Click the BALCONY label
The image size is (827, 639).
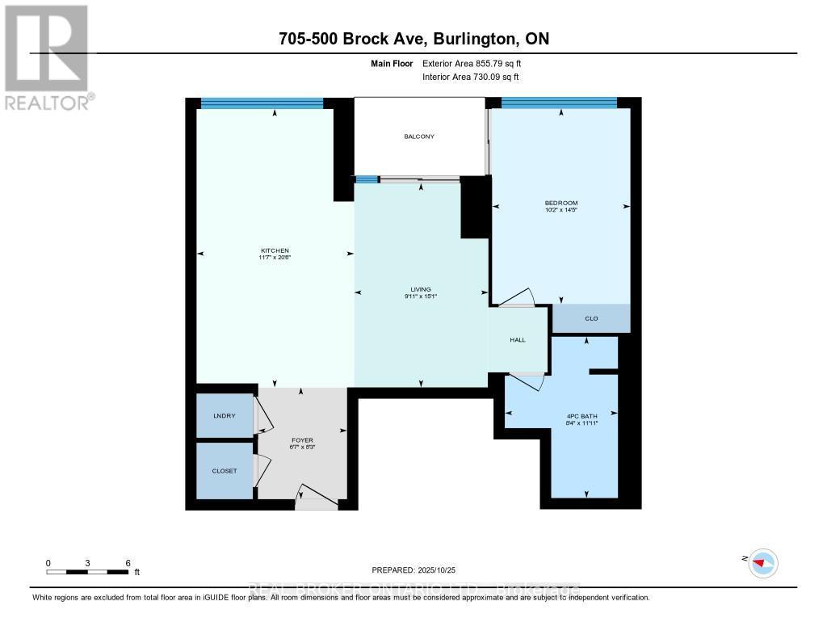[x=419, y=137]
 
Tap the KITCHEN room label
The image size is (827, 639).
[x=275, y=250]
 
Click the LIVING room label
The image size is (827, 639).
[x=420, y=289]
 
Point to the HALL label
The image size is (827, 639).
[x=518, y=340]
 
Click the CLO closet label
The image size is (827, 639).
[x=590, y=319]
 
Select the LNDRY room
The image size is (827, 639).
[x=224, y=416]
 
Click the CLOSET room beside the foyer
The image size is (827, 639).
[x=224, y=470]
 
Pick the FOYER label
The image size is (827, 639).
[x=302, y=440]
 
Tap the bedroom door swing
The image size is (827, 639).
[x=518, y=298]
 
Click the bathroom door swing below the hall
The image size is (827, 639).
[x=526, y=380]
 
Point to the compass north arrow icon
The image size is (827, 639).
[x=762, y=562]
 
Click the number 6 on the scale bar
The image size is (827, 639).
[x=128, y=562]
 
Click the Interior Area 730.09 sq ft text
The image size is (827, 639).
[x=471, y=78]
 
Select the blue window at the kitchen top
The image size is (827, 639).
[x=262, y=103]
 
